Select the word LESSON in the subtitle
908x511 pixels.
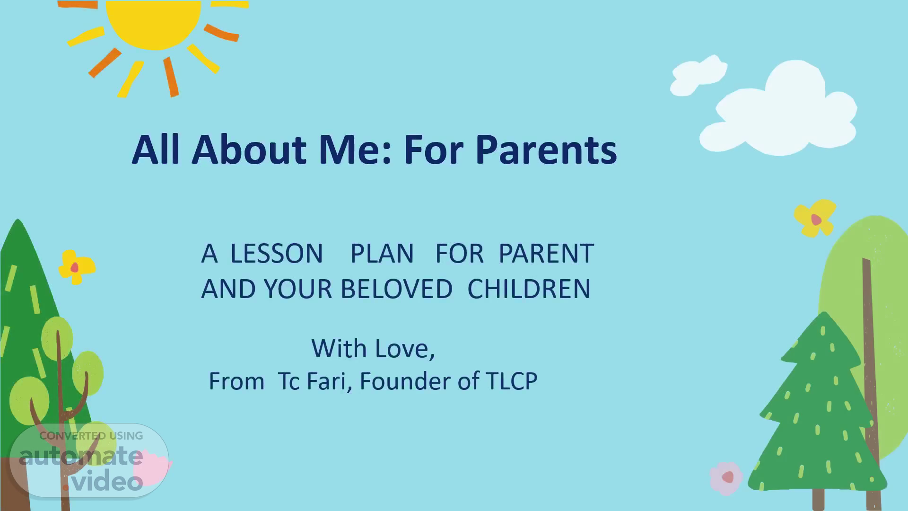(x=277, y=254)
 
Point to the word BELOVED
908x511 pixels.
(x=396, y=289)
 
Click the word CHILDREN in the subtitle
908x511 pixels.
(x=529, y=289)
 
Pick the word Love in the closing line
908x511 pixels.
(x=404, y=349)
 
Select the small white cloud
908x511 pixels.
(x=698, y=76)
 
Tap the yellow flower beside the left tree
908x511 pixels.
(x=76, y=267)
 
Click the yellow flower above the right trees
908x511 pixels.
(x=815, y=218)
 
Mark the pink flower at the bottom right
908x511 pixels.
(x=726, y=478)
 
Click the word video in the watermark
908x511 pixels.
(x=107, y=481)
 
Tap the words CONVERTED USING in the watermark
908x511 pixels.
(x=91, y=436)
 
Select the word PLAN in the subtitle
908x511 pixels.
(x=382, y=254)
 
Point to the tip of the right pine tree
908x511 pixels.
(x=824, y=312)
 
